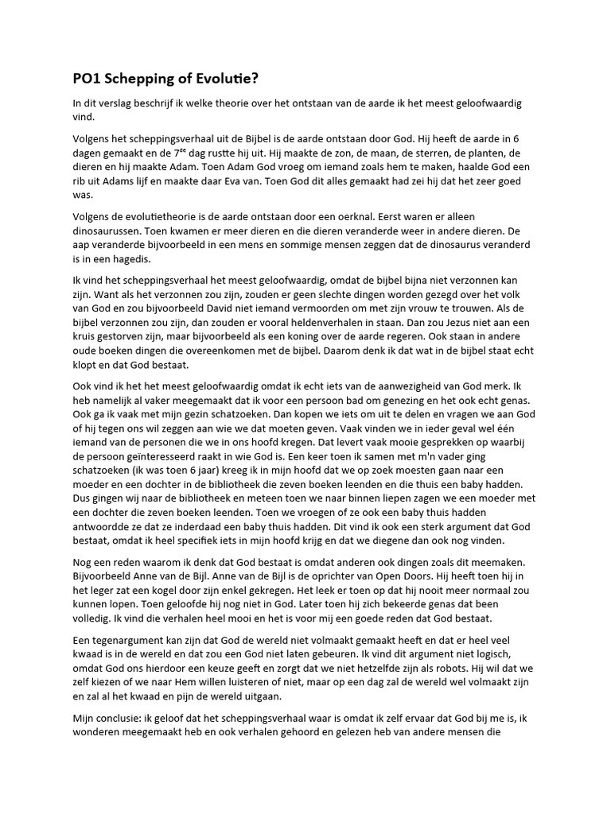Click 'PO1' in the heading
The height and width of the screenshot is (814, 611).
pyautogui.click(x=88, y=79)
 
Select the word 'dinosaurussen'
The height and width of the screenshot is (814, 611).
pyautogui.click(x=109, y=231)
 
